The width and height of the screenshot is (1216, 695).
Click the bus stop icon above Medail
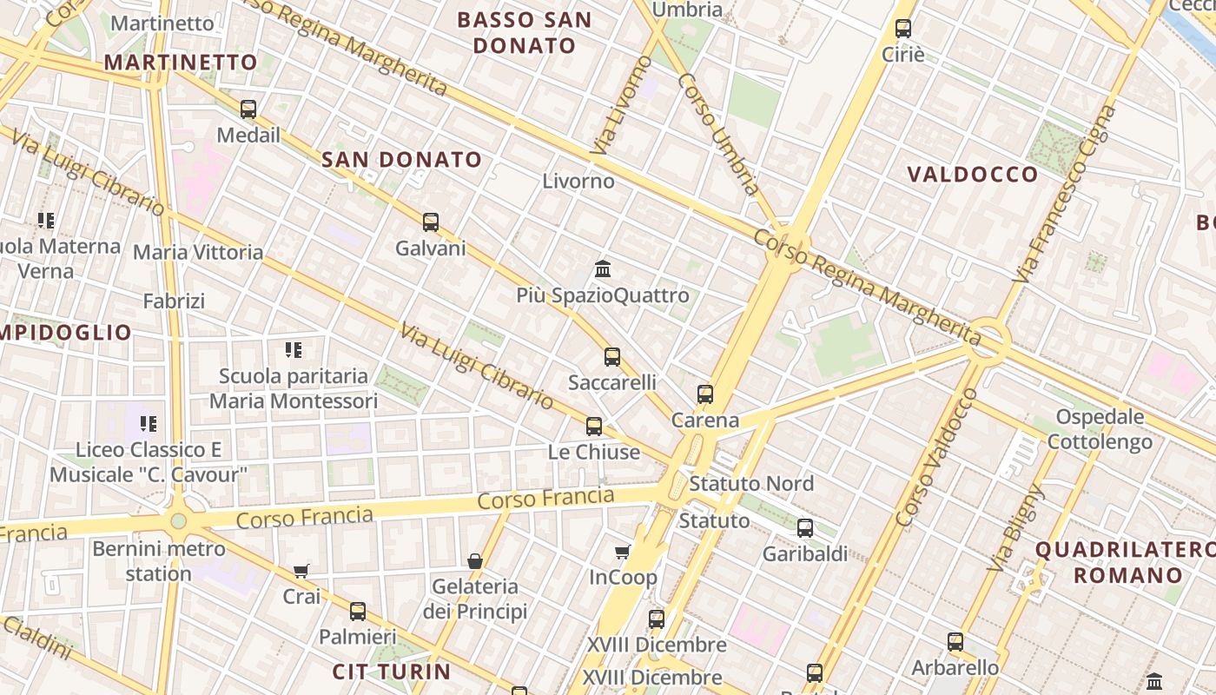pos(248,109)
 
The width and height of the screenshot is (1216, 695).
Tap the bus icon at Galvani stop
pos(431,222)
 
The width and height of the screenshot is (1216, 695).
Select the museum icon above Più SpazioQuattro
pos(603,269)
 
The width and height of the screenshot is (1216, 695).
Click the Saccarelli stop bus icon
pos(612,356)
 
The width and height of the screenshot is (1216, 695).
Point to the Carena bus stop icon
pos(705,394)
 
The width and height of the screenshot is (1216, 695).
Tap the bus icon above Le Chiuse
pos(594,427)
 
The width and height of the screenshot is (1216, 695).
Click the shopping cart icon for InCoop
pos(623,552)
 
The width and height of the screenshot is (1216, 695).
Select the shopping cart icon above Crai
pos(301,571)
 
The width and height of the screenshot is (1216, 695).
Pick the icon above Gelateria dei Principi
pos(475,561)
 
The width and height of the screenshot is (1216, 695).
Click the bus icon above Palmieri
pos(358,611)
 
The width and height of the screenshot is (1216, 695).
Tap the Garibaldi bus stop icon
pos(805,527)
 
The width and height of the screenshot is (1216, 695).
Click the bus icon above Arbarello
pos(955,642)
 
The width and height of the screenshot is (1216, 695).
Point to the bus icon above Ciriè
pos(903,29)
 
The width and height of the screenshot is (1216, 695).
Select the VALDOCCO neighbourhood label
pos(973,175)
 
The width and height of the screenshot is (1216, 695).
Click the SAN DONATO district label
pos(401,160)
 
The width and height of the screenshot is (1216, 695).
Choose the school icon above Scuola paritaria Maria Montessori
pos(294,350)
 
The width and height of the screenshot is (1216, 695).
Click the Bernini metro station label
pos(159,561)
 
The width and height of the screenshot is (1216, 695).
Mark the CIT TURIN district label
pos(392,672)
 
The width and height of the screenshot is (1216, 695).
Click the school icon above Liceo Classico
pos(149,424)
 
